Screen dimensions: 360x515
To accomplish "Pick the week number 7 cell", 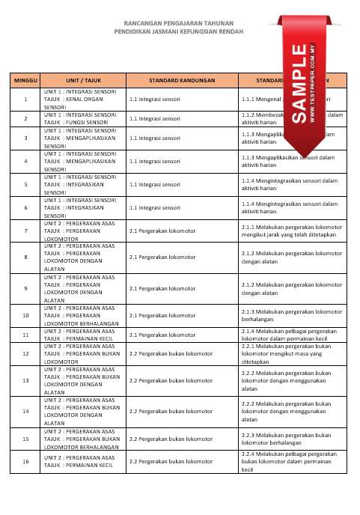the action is tap(25, 231).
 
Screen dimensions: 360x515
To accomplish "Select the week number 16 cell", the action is tap(25, 461).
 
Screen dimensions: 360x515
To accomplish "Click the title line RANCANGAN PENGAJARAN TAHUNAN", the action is tap(180, 23).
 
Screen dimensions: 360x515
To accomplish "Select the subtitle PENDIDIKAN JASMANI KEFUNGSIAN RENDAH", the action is tap(180, 33).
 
